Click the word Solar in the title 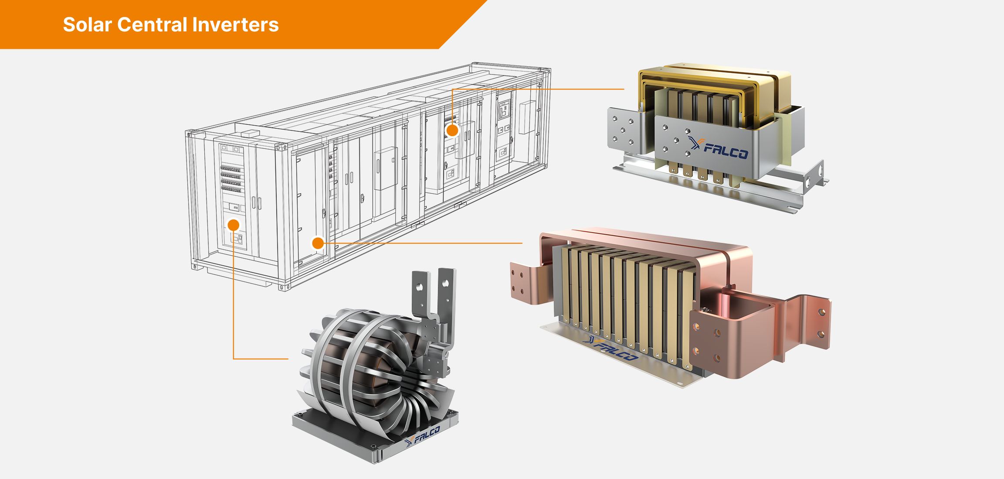click(x=88, y=25)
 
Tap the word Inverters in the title click(x=235, y=25)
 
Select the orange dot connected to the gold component click(x=452, y=130)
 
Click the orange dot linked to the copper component click(x=318, y=243)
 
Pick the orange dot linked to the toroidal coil click(x=234, y=225)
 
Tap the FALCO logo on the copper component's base click(x=612, y=349)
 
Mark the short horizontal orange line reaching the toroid click(x=261, y=359)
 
